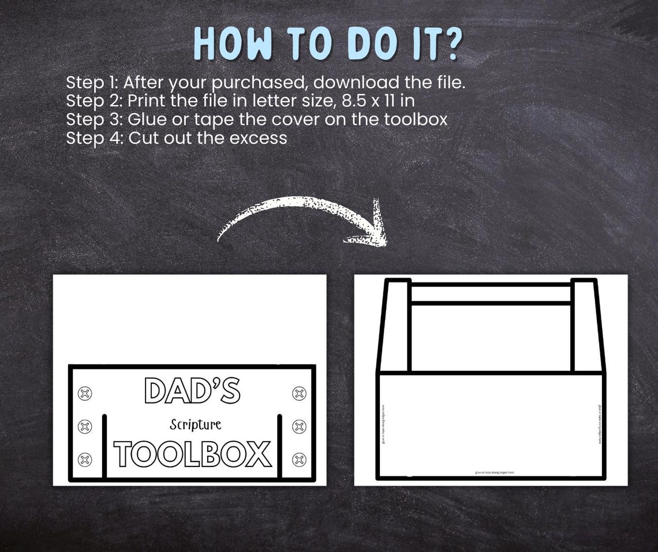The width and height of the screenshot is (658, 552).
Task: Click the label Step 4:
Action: click(x=95, y=138)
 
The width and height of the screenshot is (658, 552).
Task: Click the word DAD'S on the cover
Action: click(x=192, y=391)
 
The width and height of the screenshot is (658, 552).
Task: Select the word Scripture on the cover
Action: click(x=195, y=425)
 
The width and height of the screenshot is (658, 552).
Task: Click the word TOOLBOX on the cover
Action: click(x=192, y=454)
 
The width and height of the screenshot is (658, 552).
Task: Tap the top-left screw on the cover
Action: click(x=85, y=394)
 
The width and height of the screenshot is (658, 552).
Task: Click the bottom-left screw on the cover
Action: click(x=85, y=460)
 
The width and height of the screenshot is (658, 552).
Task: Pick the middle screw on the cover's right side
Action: click(x=300, y=427)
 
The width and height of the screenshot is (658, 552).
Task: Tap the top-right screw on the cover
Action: click(x=300, y=394)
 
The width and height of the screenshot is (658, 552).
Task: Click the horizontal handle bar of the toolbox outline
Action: click(x=491, y=293)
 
